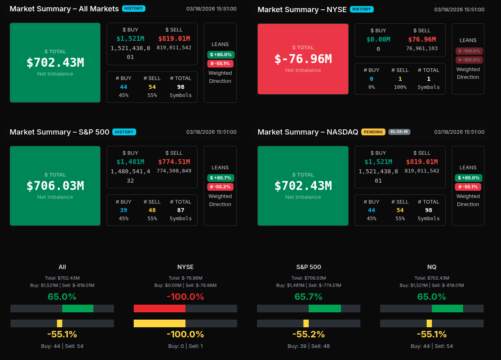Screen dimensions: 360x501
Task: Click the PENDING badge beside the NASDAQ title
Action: coord(373,132)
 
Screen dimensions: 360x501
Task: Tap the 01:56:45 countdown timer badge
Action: coord(399,132)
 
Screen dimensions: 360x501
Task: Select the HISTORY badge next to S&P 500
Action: coord(124,132)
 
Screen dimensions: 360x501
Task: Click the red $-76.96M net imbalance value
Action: coord(303,59)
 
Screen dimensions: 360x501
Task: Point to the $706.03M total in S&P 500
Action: coord(55,186)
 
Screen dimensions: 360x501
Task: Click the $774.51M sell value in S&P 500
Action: coord(174,162)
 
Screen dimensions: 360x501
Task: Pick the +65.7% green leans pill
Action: coord(221,178)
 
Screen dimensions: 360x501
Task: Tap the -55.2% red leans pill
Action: coord(220,187)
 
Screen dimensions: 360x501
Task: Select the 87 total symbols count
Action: coord(181,210)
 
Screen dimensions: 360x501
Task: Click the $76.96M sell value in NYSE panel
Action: coord(422,39)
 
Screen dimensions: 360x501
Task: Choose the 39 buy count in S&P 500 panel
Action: coord(124,210)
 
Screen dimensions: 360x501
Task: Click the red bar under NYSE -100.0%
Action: coord(160,309)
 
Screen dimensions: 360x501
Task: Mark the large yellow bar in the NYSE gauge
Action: coord(160,324)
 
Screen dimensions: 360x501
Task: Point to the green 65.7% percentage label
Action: coord(309,297)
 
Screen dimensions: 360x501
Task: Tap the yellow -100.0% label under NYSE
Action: coord(185,335)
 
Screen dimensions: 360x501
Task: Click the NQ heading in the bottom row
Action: coord(432,267)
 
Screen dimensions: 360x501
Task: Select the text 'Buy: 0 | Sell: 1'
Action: coord(185,346)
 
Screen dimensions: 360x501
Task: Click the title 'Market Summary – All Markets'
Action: coord(64,8)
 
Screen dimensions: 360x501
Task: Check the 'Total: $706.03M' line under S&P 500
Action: coord(309,278)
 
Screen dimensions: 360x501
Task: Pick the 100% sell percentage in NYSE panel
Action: coord(400,87)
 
